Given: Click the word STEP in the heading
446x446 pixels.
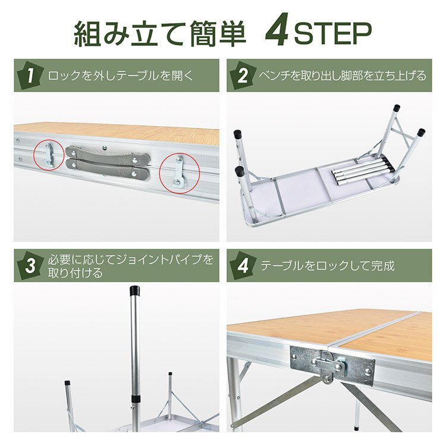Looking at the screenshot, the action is pos(332,33).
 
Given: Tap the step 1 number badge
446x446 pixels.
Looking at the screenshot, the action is pos(30,76).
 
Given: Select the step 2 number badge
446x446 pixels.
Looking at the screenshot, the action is pos(243,76).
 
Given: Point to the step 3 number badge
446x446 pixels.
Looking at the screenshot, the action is pos(30,266).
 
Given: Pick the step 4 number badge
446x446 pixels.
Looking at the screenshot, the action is pos(243,266).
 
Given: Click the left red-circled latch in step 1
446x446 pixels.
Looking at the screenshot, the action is pos(48,155).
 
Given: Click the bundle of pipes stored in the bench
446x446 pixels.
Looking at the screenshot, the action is pos(363,172).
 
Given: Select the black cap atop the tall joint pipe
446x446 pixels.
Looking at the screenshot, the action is pos(134,290).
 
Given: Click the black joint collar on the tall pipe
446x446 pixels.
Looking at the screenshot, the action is pos(136,398).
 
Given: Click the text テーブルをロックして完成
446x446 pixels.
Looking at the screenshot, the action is pos(328,266).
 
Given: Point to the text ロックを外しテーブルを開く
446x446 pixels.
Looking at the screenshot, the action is pos(121,76).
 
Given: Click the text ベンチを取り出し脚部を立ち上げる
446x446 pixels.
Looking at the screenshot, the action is pos(343,76).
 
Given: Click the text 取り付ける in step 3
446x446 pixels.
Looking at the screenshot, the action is pos(76,273).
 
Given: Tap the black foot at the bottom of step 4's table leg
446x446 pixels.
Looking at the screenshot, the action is pos(357,428).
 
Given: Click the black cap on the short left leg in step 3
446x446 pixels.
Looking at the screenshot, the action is pos(67,383).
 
